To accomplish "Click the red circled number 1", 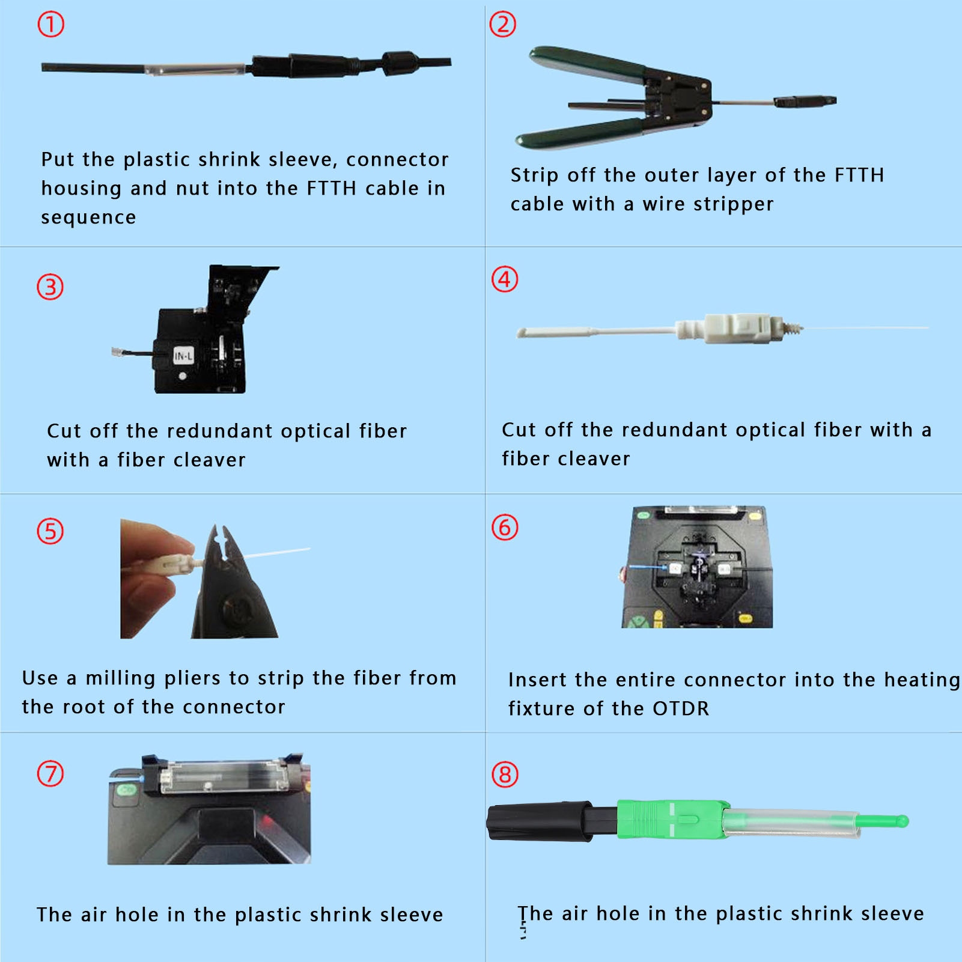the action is tap(50, 25).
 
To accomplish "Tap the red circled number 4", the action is tap(505, 279).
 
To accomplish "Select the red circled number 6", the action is tap(505, 528).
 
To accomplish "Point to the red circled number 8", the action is tap(505, 775).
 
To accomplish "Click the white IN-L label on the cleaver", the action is tap(183, 356).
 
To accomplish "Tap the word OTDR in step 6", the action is tap(681, 708).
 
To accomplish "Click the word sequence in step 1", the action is tap(88, 217).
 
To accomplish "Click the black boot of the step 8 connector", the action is tap(541, 821).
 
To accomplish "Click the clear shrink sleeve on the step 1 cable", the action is tap(195, 68).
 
